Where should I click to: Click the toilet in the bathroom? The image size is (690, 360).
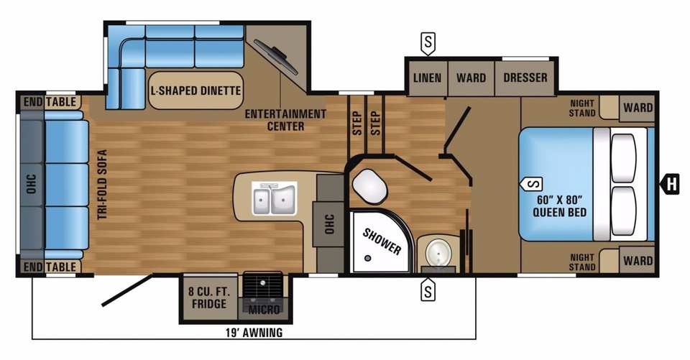coord(370,187)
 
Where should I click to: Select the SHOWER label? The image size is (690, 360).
coord(382,241)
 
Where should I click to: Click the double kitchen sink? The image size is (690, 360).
coord(274,200)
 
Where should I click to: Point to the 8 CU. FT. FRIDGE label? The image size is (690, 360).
coord(208,297)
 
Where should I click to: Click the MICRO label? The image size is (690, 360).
coord(264,310)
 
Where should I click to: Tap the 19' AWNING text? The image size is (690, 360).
coord(254,332)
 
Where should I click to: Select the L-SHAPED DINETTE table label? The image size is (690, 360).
coord(195,91)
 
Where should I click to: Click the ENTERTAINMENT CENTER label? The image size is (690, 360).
coord(285,120)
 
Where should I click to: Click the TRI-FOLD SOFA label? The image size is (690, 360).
coord(102,185)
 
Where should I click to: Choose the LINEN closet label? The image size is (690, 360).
coord(427,78)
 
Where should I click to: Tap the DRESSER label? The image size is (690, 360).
coord(525,78)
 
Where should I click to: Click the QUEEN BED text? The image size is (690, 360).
coord(559,212)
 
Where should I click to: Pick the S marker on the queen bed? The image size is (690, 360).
coord(531,183)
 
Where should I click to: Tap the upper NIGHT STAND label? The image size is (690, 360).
coord(581,108)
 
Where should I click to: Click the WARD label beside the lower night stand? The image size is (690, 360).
coord(638,261)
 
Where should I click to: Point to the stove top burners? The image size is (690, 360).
coord(263,285)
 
